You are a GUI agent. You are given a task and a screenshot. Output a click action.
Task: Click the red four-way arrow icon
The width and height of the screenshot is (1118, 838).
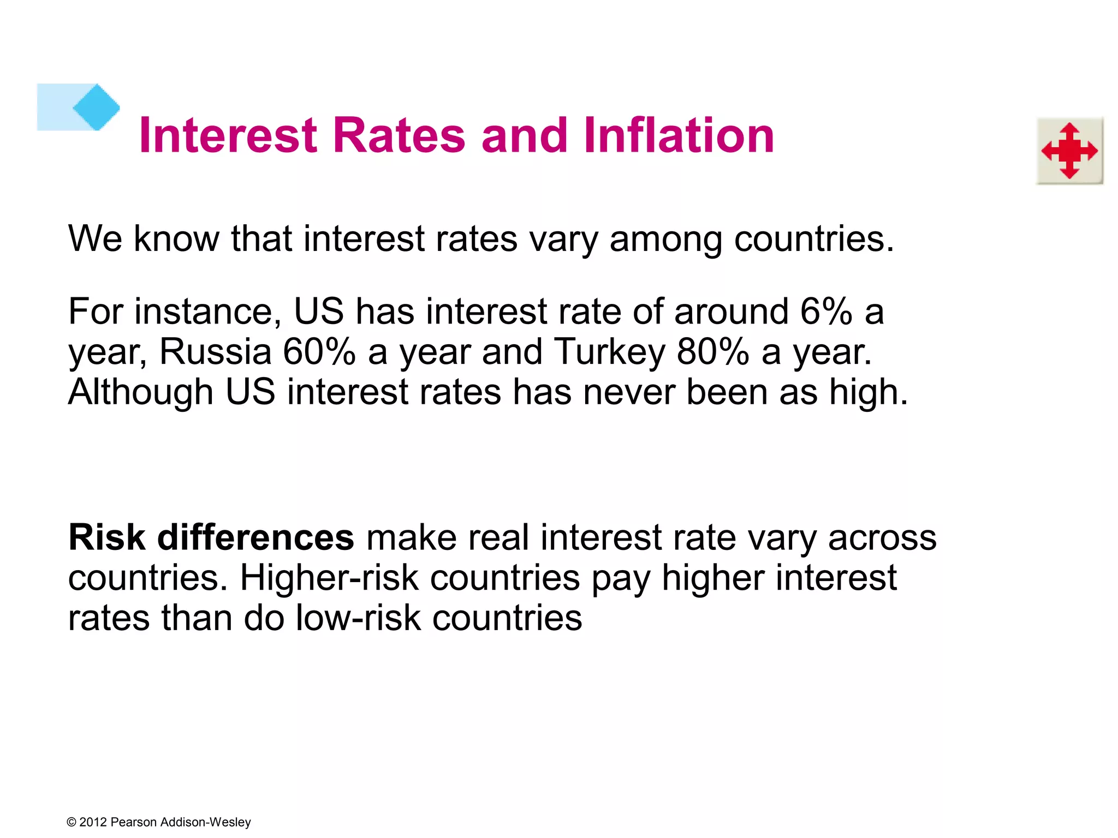coord(1069,151)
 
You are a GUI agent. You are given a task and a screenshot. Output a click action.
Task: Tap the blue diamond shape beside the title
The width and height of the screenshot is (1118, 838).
coord(97,107)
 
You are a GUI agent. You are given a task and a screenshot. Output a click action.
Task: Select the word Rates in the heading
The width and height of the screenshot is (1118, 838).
coord(399,135)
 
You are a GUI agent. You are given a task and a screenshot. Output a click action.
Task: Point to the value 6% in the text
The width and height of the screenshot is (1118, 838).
coord(826,312)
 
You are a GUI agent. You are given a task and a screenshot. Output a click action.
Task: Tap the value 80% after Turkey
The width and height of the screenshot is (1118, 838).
coord(712,352)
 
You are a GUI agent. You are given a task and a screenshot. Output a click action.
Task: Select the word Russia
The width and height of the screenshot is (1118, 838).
coord(215,352)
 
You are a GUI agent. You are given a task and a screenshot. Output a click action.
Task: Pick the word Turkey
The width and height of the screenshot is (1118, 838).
coord(609,352)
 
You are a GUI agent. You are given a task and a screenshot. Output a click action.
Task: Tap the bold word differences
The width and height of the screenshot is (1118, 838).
coord(256,537)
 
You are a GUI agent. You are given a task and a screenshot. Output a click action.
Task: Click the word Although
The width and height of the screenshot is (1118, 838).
coord(140,392)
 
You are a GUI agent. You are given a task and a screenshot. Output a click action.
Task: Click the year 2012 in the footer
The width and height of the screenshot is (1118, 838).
coord(93,822)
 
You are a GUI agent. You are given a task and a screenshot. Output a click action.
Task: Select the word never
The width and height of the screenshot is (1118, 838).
coord(629,392)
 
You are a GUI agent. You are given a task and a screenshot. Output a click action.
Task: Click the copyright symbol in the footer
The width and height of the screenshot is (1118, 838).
coord(72,822)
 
